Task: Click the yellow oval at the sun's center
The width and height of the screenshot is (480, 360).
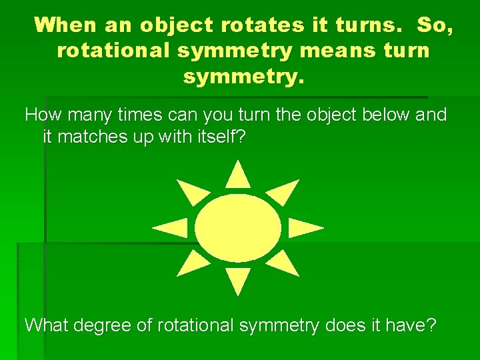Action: click(238, 227)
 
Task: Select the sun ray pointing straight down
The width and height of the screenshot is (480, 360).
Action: click(238, 280)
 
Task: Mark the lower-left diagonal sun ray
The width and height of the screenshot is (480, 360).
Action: click(191, 263)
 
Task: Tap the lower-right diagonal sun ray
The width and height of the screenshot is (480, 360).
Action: click(285, 263)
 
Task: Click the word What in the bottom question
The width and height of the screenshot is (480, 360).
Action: click(47, 325)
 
